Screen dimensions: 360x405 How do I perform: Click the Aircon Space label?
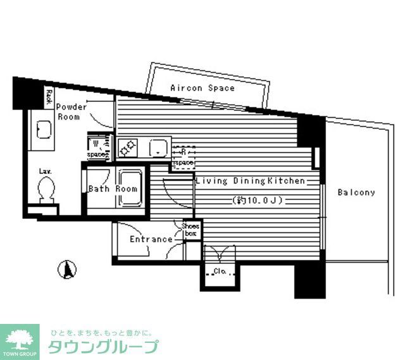[x=202, y=88]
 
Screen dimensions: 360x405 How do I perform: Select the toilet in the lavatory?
[x=46, y=189]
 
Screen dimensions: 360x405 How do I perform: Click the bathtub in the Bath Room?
[x=132, y=188]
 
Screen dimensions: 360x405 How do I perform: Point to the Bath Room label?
[x=113, y=189]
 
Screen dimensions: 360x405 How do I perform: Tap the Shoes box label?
[x=190, y=229]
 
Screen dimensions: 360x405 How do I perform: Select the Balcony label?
[x=356, y=192]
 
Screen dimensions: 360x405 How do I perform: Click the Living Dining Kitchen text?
[x=251, y=181]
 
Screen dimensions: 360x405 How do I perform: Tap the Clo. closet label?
[x=220, y=272]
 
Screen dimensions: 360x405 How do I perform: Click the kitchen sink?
[x=158, y=148]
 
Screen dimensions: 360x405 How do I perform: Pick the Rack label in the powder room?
[x=49, y=96]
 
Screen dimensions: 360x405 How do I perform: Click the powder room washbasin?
[x=43, y=130]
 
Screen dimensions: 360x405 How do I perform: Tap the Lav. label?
[x=44, y=171]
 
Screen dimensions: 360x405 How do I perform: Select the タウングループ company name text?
[x=105, y=347]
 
